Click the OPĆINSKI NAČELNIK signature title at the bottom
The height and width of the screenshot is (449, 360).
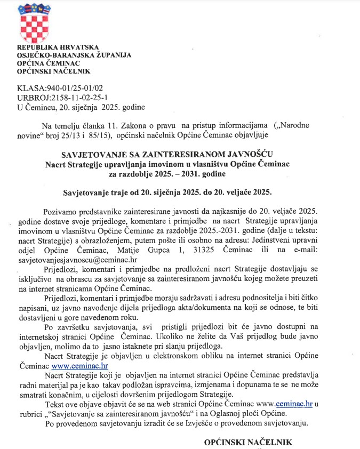[249, 442]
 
